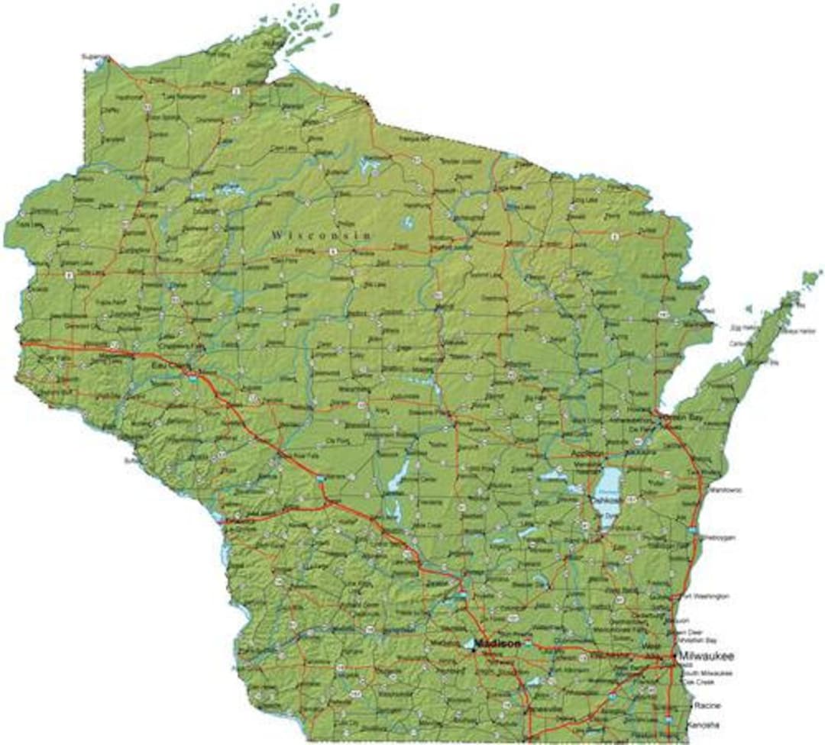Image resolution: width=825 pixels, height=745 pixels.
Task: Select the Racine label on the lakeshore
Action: (707, 706)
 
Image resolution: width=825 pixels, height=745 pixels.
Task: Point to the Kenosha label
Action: (704, 724)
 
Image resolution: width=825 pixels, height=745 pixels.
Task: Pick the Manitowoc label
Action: (725, 489)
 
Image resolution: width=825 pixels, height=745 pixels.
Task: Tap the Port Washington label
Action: (706, 595)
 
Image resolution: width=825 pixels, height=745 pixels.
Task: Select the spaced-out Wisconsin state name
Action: (321, 235)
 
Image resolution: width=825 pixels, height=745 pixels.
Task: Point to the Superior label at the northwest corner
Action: (94, 56)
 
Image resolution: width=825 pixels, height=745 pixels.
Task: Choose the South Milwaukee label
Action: (707, 673)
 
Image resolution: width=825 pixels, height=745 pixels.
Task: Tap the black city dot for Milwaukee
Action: (672, 656)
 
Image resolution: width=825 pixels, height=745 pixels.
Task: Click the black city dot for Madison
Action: (474, 650)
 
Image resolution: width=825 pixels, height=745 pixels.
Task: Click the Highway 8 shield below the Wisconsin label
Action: (333, 250)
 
